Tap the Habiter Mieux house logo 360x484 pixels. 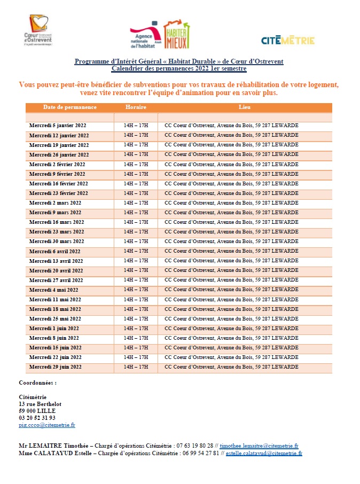click(176, 35)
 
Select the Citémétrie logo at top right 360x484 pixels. click(287, 40)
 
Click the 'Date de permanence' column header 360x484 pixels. click(70, 107)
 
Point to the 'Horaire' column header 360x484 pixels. click(136, 107)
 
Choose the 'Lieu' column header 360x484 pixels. click(245, 107)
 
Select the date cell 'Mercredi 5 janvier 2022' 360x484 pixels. click(58, 126)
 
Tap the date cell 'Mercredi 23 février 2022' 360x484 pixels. click(59, 193)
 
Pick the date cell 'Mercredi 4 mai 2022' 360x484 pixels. click(55, 290)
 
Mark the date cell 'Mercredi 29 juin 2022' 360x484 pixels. click(56, 367)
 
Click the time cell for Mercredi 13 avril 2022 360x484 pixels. click(136, 261)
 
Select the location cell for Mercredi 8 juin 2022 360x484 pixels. click(231, 338)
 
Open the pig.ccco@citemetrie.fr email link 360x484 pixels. click(47, 425)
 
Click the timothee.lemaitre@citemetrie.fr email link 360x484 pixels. click(259, 445)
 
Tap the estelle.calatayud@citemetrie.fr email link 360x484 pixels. click(264, 453)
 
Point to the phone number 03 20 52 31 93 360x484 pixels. click(37, 418)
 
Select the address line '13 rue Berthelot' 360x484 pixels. click(40, 404)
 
